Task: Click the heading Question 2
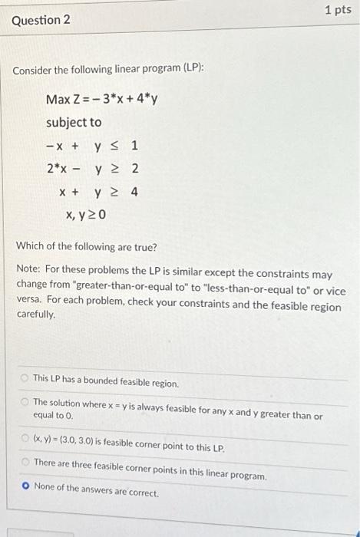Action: (41, 19)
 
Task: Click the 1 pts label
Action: (339, 10)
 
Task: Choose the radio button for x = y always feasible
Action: (25, 401)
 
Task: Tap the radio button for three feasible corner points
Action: (25, 462)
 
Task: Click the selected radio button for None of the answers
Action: (25, 486)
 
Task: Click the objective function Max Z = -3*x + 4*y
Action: (101, 100)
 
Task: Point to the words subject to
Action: (74, 123)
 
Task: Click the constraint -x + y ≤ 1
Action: (92, 146)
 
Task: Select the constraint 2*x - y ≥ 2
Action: (92, 169)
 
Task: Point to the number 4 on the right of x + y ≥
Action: (134, 192)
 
